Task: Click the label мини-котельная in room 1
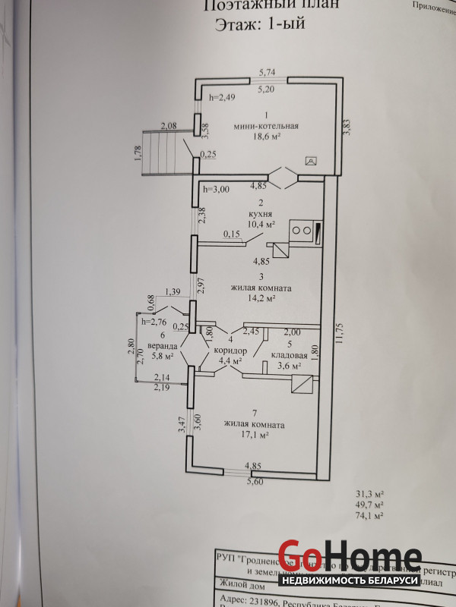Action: click(266, 127)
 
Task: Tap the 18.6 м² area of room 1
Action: click(265, 138)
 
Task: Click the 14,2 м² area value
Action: click(260, 299)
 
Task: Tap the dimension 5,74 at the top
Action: click(266, 72)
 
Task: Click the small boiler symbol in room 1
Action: click(311, 160)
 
